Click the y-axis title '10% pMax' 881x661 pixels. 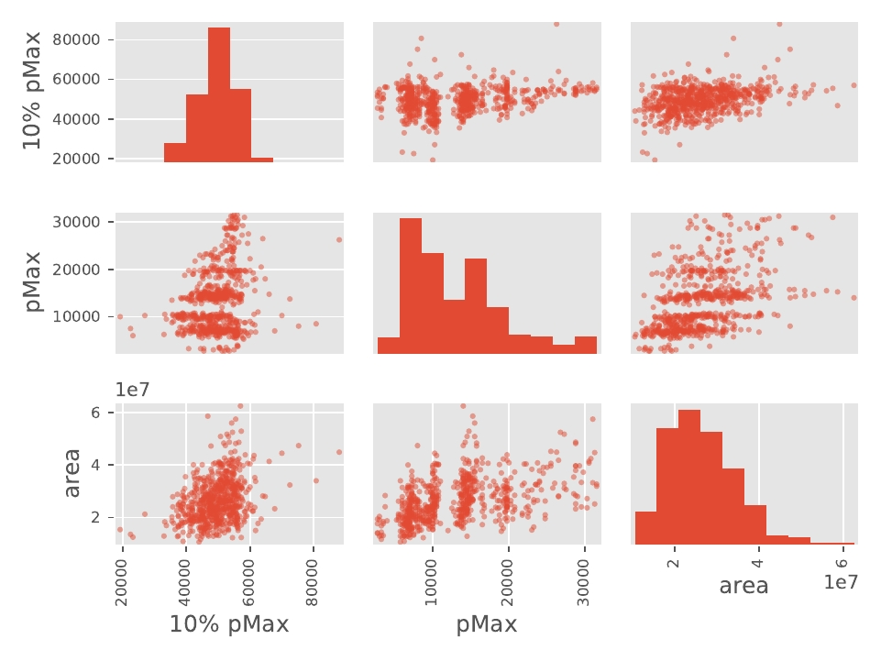pyautogui.click(x=31, y=92)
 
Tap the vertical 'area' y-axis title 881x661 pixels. pyautogui.click(x=73, y=473)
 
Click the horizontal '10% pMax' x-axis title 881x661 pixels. pyautogui.click(x=229, y=625)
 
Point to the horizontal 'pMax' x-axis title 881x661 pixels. pyautogui.click(x=487, y=625)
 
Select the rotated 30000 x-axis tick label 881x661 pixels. pyautogui.click(x=585, y=579)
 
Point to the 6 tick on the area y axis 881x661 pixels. pyautogui.click(x=107, y=413)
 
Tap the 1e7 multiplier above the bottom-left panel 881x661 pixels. pyautogui.click(x=133, y=390)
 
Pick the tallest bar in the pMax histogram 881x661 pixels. pyautogui.click(x=410, y=285)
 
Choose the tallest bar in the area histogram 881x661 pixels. pyautogui.click(x=689, y=477)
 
